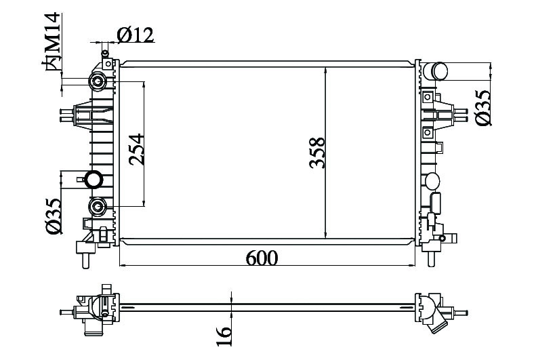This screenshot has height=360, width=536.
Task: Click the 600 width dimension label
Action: pyautogui.click(x=262, y=258)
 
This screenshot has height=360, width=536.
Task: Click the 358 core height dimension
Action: pyautogui.click(x=316, y=153)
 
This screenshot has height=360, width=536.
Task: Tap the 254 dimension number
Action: pyautogui.click(x=137, y=149)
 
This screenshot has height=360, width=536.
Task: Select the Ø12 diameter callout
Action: pyautogui.click(x=136, y=35)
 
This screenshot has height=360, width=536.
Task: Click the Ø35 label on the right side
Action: pyautogui.click(x=483, y=108)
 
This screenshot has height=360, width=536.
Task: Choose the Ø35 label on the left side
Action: pyautogui.click(x=54, y=216)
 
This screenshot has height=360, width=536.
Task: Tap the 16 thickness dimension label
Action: pyautogui.click(x=224, y=336)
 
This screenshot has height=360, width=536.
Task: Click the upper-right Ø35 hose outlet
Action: pyautogui.click(x=435, y=71)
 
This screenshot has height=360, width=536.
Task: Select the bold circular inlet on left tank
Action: pyautogui.click(x=94, y=180)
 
